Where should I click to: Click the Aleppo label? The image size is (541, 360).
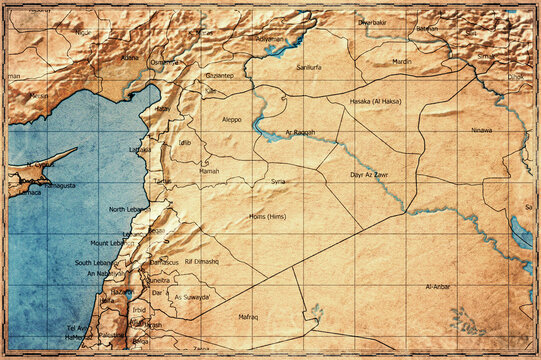tap(231, 119)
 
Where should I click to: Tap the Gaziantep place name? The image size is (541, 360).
tap(219, 75)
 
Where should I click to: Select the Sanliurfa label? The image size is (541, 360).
tap(310, 67)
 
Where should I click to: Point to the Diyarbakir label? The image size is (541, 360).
tap(371, 21)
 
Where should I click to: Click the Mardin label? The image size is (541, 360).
tap(401, 61)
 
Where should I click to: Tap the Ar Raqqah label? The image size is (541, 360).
tap(301, 132)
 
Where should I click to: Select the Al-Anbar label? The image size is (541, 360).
tap(438, 286)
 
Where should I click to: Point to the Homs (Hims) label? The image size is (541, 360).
tap(267, 216)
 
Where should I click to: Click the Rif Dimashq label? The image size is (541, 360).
tap(202, 261)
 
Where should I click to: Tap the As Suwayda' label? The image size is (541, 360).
tap(191, 297)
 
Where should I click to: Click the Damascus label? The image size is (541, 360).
tap(164, 261)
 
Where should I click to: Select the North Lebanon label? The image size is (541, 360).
tap(128, 210)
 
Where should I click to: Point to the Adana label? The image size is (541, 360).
tap(129, 58)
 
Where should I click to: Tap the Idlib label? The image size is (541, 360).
tap(184, 143)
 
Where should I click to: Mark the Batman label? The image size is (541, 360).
tap(427, 29)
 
